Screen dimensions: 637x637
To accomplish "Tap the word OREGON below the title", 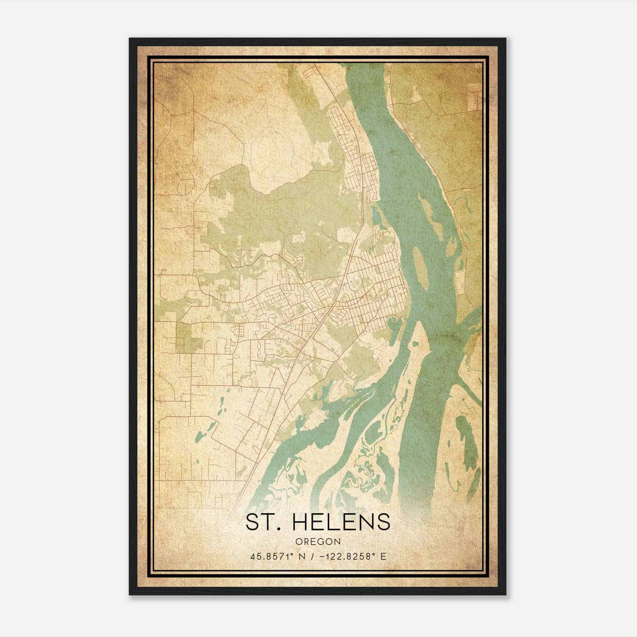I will [318, 541].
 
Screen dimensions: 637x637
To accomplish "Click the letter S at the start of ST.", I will [252, 522].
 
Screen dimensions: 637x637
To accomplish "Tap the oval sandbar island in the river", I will [420, 268].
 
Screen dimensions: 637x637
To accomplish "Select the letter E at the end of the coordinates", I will [383, 556].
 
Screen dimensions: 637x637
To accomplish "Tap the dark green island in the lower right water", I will [466, 438].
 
